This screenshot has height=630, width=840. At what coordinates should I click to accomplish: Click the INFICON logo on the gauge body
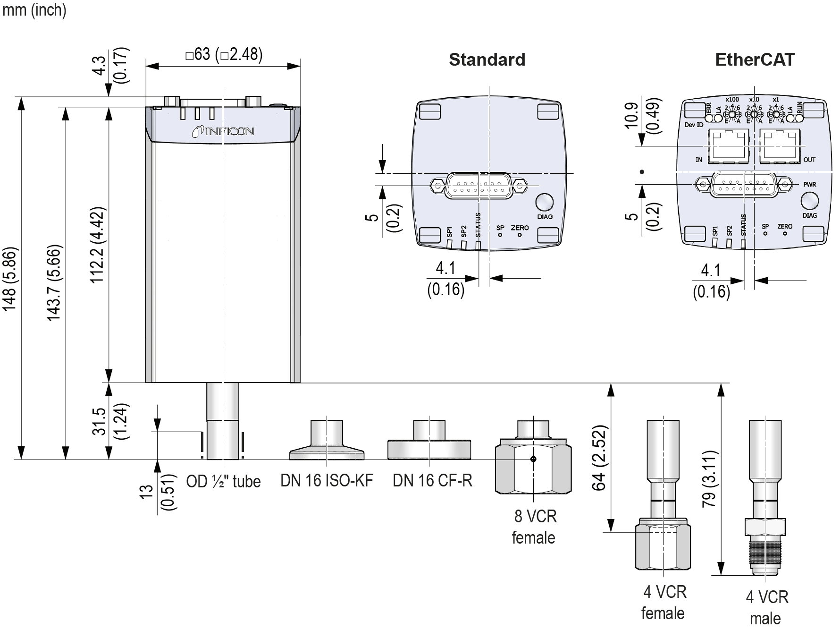(x=223, y=131)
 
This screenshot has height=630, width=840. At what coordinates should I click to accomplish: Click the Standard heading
(x=487, y=60)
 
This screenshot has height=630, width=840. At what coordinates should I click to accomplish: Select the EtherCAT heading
(x=755, y=60)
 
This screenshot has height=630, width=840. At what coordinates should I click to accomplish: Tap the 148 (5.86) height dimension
(x=10, y=279)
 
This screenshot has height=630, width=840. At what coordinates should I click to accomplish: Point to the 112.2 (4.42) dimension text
(x=98, y=245)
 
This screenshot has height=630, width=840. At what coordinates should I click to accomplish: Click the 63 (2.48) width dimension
(x=224, y=54)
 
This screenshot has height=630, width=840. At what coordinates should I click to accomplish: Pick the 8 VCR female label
(x=534, y=527)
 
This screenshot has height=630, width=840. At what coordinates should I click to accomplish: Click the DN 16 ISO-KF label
(x=327, y=480)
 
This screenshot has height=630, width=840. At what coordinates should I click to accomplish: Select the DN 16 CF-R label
(x=432, y=480)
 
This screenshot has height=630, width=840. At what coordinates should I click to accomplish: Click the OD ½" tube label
(x=223, y=481)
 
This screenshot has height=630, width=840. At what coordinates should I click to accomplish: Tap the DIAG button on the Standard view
(x=544, y=203)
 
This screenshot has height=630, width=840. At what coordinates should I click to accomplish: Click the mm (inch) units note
(x=34, y=10)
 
